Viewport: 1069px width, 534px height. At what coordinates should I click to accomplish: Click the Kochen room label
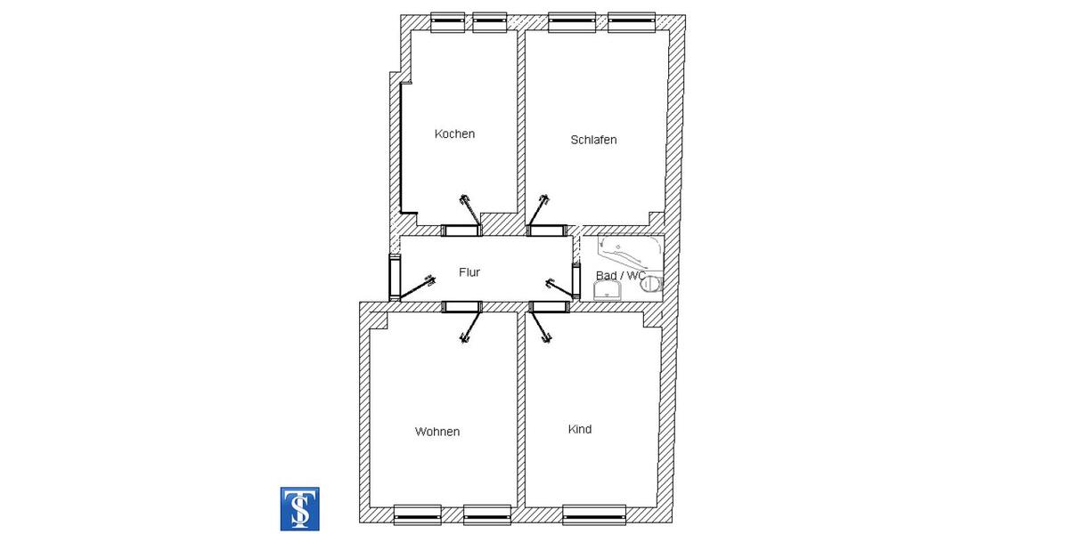454,134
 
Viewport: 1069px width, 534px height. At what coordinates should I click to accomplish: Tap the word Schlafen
593,140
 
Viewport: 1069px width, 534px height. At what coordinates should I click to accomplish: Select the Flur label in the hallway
469,272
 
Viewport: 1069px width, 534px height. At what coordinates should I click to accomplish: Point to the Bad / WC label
620,276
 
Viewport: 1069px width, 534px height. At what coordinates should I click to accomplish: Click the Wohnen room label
437,432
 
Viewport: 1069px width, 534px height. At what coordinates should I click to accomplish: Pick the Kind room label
580,429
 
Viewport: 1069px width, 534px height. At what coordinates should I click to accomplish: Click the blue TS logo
300,509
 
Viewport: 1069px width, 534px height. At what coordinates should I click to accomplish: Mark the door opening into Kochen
461,231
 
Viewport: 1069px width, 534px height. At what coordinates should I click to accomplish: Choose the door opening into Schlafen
547,231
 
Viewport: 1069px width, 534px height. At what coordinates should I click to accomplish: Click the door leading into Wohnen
461,307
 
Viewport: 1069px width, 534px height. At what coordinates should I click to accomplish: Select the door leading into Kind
548,307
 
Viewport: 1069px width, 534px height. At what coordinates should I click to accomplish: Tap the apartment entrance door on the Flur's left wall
395,279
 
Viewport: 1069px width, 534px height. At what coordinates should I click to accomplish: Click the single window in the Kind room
592,514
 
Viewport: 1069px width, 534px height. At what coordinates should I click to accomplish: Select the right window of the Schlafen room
632,21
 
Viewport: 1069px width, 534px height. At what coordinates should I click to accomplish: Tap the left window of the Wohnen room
417,514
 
